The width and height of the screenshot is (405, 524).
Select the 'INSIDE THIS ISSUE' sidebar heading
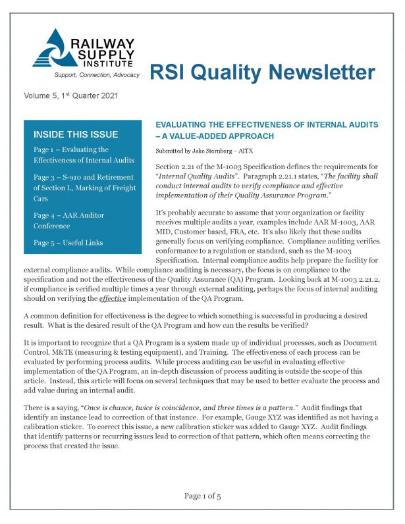[x=75, y=134]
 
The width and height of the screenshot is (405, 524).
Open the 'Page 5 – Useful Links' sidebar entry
[x=68, y=243]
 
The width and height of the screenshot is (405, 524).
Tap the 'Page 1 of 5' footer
[x=202, y=496]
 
